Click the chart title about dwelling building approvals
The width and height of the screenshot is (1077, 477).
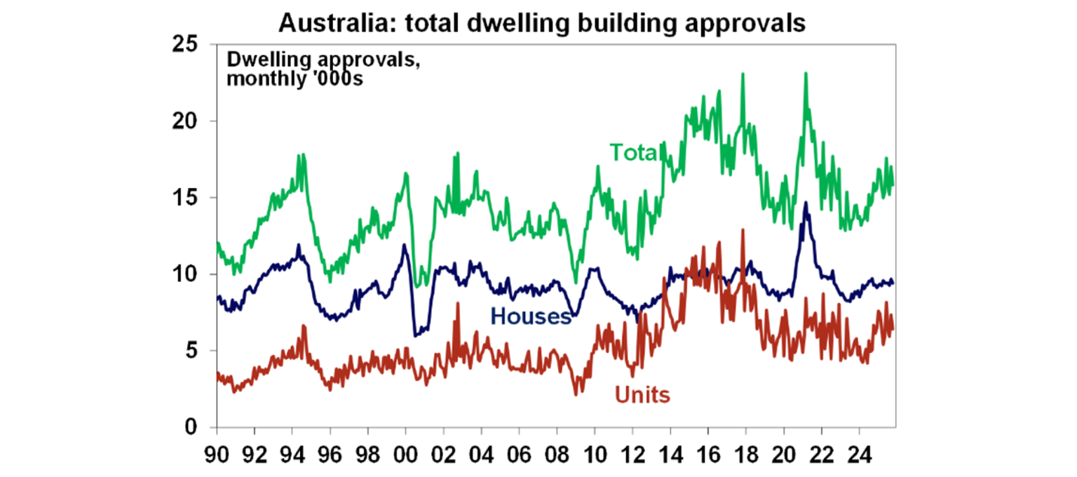tap(542, 22)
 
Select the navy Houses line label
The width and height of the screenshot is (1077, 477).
tap(531, 316)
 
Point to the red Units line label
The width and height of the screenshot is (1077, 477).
tap(642, 396)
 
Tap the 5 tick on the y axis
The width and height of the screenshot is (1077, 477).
tap(191, 351)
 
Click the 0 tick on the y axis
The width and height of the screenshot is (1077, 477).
tap(191, 427)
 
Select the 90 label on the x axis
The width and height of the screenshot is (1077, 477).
tap(217, 452)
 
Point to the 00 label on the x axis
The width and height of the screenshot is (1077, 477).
tap(405, 452)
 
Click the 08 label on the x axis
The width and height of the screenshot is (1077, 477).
tap(557, 452)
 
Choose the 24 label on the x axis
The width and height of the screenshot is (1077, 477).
tap(859, 452)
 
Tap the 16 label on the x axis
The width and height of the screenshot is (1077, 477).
tap(707, 452)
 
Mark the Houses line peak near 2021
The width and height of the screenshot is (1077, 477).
tap(806, 203)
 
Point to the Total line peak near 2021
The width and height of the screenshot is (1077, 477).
tap(806, 73)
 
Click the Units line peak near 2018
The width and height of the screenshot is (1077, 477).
tap(742, 230)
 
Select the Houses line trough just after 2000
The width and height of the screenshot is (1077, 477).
tap(415, 335)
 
